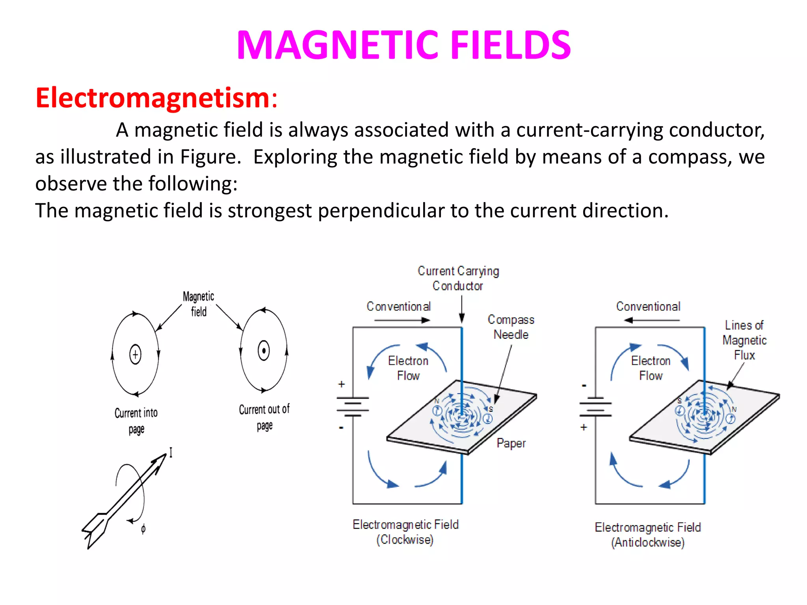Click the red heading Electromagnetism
coord(156,98)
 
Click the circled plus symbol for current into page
coord(135,354)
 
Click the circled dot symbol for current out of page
coord(264,350)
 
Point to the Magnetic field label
coord(199,304)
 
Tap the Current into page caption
coord(136,421)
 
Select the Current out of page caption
coord(264,417)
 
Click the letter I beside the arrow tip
coord(171,452)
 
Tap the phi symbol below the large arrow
coord(143,529)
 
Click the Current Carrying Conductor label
coord(458,278)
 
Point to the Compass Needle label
coord(511,327)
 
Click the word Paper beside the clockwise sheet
coord(511,443)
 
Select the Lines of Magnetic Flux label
coord(744,340)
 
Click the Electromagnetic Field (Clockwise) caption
coord(405,532)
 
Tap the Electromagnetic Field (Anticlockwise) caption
coord(648,534)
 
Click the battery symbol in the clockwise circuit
coord(353,406)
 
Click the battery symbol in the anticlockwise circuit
coord(595,406)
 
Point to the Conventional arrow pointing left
coord(652,320)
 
